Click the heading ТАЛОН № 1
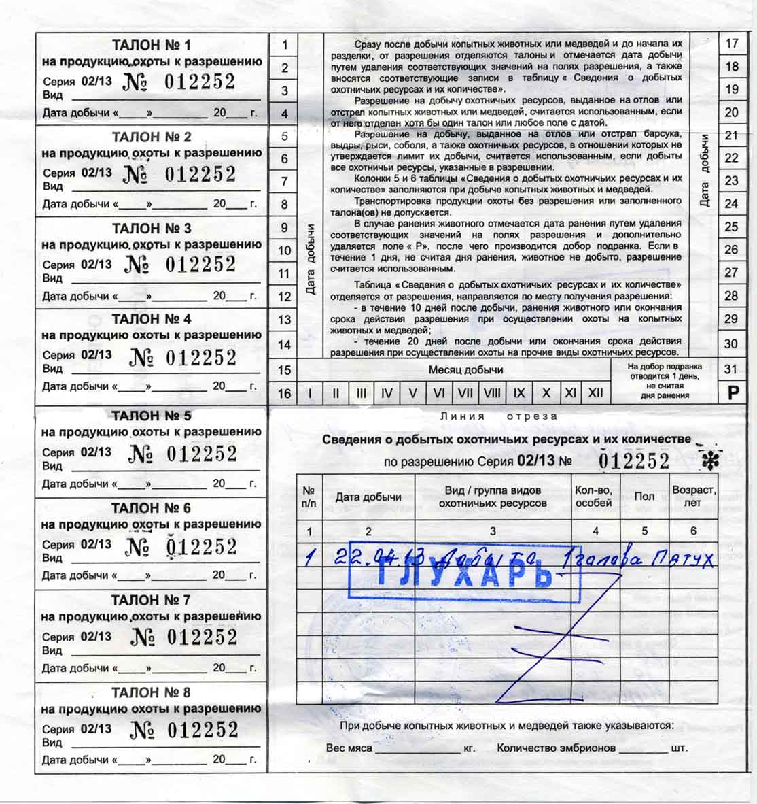tap(151, 46)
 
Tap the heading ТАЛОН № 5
tap(151, 416)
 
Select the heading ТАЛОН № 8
tap(151, 692)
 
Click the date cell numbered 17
tap(731, 44)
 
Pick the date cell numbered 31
tap(731, 370)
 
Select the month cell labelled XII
tap(595, 393)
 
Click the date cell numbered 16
tap(285, 393)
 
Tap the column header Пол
tap(644, 497)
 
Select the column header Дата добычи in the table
tap(368, 497)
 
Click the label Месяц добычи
tap(466, 370)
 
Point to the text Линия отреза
tap(499, 416)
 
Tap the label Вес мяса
tap(349, 748)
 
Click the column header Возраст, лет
tap(693, 497)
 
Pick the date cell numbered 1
tap(285, 45)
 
